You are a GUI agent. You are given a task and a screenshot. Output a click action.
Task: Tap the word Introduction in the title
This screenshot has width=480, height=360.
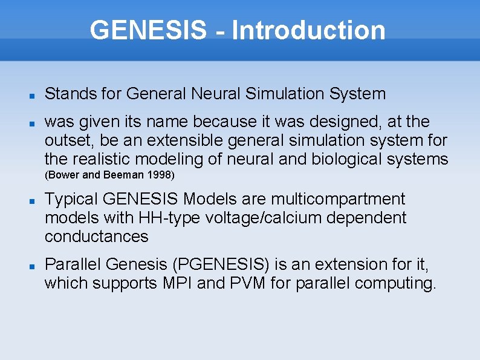[308, 30]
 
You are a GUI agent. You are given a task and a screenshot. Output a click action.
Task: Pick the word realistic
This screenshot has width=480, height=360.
[101, 159]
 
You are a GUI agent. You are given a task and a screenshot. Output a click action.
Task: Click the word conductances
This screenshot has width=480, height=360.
[96, 236]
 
